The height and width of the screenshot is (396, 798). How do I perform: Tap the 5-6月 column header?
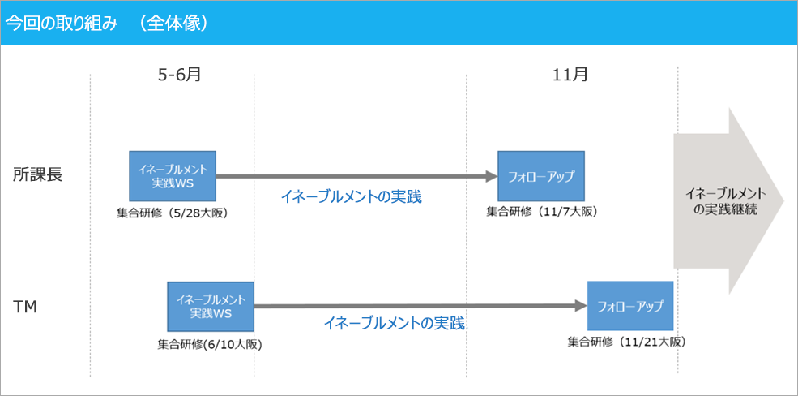[x=179, y=75]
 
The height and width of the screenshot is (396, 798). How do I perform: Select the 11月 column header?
[x=570, y=75]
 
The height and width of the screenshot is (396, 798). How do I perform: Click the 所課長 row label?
[x=36, y=174]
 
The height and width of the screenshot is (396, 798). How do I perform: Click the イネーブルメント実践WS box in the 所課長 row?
[x=173, y=175]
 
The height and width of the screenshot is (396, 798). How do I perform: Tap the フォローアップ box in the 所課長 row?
[x=540, y=175]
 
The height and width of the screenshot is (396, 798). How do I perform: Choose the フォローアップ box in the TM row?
[x=630, y=306]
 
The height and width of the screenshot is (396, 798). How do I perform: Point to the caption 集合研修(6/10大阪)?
[x=210, y=344]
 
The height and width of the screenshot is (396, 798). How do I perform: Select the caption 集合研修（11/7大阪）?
[x=541, y=212]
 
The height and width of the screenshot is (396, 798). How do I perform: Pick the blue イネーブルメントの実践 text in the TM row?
[x=394, y=323]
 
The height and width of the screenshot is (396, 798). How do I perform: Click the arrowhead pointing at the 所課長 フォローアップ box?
[x=491, y=175]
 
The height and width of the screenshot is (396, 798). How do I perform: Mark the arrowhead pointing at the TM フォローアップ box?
[x=581, y=306]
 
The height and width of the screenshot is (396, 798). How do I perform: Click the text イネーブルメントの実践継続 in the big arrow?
[x=724, y=200]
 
